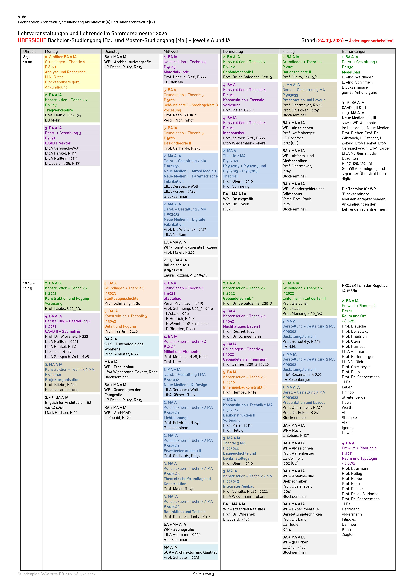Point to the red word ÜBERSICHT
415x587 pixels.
tap(32, 40)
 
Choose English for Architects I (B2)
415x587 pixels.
tap(68, 402)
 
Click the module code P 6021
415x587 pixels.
tap(50, 67)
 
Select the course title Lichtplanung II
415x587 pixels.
tap(176, 418)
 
